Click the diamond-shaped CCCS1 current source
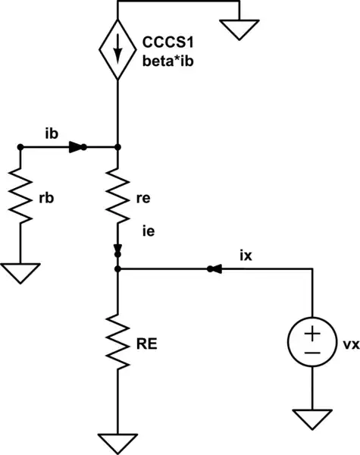[119, 52]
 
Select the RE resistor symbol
[119, 342]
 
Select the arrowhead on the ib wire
[77, 147]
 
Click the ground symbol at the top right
[239, 30]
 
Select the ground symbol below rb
[20, 271]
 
